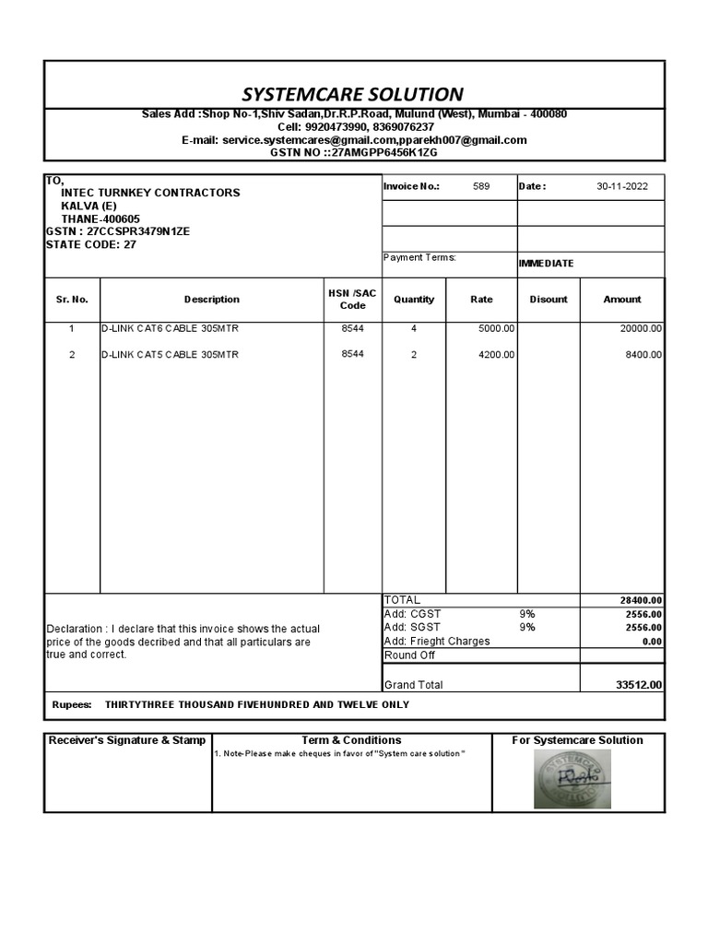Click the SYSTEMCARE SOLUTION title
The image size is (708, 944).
352,94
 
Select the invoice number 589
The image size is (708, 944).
481,186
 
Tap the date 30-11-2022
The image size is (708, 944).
621,186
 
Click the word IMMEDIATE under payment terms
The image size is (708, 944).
546,264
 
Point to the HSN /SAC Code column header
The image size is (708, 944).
352,300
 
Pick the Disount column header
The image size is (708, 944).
549,300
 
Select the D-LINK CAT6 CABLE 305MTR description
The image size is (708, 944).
170,328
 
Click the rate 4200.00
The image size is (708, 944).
497,355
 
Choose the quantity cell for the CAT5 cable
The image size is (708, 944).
414,355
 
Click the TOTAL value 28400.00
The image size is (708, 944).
641,601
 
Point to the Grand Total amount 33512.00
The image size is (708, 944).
639,685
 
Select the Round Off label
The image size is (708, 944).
409,655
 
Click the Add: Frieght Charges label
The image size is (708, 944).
437,642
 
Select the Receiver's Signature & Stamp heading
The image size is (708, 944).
127,740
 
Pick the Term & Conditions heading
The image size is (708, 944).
351,740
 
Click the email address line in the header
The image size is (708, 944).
354,140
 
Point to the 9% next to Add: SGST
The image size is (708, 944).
527,628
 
